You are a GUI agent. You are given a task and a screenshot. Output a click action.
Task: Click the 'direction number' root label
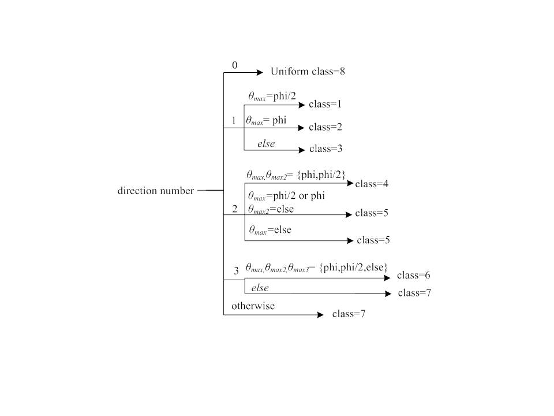point(156,191)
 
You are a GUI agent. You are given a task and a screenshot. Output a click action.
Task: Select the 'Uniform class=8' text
point(308,72)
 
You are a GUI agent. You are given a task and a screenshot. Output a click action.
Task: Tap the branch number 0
point(234,65)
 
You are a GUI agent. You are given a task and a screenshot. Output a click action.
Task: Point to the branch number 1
point(234,121)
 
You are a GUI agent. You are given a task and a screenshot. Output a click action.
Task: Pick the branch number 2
point(235,209)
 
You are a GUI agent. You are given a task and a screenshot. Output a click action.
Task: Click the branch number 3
point(235,271)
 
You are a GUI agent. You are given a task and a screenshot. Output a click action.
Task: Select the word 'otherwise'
point(253,306)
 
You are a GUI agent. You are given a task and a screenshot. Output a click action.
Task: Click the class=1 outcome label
point(325,105)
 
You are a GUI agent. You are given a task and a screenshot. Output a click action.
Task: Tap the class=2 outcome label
point(326,127)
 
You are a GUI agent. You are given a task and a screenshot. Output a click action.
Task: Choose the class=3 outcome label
point(326,148)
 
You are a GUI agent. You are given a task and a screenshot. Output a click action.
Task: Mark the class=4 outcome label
point(372,184)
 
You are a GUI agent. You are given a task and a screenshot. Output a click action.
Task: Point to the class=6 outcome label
point(414,275)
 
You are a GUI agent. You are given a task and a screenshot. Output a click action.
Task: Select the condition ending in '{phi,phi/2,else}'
point(316,268)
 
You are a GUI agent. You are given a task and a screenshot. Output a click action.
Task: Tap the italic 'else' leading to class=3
point(266,144)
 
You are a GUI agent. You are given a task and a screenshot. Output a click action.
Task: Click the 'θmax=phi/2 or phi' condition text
point(286,196)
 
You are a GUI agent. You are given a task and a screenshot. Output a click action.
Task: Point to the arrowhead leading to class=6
point(387,278)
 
